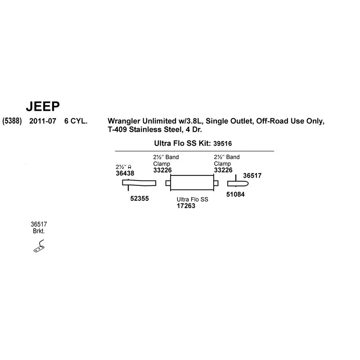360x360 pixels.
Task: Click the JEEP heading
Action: coord(43,106)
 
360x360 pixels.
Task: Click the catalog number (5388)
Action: coord(12,121)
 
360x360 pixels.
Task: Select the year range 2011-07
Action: coord(43,121)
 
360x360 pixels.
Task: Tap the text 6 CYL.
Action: coord(76,121)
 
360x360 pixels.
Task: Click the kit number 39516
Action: coord(222,144)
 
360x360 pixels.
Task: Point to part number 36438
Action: coord(125,173)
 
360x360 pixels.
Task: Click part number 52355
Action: coord(139,198)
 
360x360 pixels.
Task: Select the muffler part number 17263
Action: coord(186,206)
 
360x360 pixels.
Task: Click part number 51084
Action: coord(235,194)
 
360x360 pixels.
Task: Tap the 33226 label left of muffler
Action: coord(162,170)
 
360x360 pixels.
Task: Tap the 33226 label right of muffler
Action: coord(223,170)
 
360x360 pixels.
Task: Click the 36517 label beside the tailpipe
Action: coord(252,175)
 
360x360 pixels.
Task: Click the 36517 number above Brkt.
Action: coord(39,224)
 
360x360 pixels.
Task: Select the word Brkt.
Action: coord(39,231)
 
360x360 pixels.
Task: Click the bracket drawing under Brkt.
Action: coord(39,246)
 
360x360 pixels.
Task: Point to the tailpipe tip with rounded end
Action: coord(238,184)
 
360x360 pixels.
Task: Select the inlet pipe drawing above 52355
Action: coord(139,183)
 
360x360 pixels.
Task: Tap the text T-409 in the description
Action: coord(117,130)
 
